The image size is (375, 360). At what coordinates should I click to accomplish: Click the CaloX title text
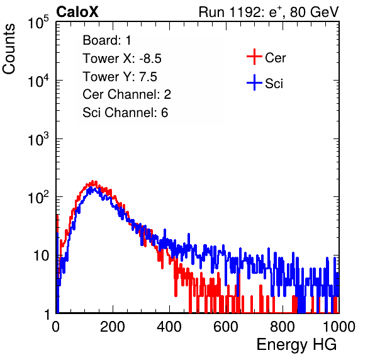tap(77, 12)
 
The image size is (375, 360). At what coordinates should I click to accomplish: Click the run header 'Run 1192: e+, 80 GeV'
tap(269, 12)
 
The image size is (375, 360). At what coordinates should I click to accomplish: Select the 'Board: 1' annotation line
tap(107, 40)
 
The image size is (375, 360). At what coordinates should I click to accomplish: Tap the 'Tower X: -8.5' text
tap(122, 59)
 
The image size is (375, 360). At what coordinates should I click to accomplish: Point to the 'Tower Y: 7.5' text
tap(120, 77)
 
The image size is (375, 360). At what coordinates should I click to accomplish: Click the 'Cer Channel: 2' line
tap(126, 94)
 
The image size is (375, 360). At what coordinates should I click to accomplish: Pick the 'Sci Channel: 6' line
tap(125, 113)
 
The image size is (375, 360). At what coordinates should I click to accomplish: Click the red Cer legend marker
tap(254, 57)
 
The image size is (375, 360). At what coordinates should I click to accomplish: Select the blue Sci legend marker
tap(254, 83)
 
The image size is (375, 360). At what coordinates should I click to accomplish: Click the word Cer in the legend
tap(275, 58)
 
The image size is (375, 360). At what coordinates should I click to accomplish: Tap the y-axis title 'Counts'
tap(9, 49)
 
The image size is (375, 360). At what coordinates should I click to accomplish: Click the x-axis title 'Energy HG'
tap(296, 345)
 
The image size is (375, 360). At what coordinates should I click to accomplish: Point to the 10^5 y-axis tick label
tap(38, 23)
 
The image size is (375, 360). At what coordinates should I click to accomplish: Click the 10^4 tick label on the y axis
tap(38, 81)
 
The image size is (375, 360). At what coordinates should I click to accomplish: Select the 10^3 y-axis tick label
tap(38, 140)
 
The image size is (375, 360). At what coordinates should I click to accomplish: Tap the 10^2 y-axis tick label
tap(38, 198)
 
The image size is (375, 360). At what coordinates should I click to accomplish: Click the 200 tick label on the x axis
tap(113, 327)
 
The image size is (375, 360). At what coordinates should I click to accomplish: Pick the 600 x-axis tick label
tap(226, 327)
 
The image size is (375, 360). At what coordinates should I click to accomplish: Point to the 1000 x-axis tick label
tap(339, 327)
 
